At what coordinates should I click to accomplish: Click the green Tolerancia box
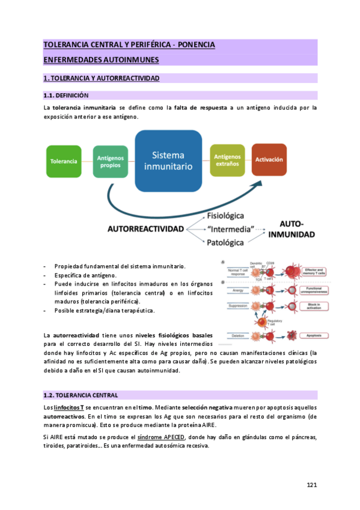[x=64, y=161]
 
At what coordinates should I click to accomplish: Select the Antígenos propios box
[x=110, y=161]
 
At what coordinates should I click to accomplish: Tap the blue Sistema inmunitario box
[x=168, y=159]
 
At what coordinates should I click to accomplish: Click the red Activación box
[x=269, y=160]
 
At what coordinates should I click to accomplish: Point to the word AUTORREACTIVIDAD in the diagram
[x=153, y=229]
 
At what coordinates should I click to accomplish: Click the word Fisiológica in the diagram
[x=225, y=216]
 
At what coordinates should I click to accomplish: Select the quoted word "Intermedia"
[x=229, y=229]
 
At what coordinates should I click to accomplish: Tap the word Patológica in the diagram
[x=225, y=242]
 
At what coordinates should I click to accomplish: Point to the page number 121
[x=311, y=485]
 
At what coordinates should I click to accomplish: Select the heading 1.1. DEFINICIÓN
[x=66, y=96]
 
